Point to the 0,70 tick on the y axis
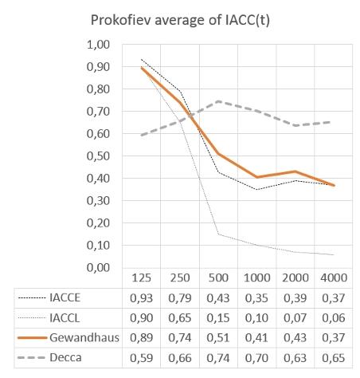98,112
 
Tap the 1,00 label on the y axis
98,45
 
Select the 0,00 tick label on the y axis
98,267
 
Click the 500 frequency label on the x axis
218,278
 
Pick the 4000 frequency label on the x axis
334,278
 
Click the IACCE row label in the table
65,297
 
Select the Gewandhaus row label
84,337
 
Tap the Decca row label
65,357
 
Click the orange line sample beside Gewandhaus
32,338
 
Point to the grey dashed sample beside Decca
31,358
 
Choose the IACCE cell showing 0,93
142,298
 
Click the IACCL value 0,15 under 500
218,318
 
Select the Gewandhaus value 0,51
218,338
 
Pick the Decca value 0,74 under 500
218,358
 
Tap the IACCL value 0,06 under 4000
334,318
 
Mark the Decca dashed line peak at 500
218,101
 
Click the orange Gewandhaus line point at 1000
256,177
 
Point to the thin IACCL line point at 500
218,234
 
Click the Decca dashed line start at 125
142,136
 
